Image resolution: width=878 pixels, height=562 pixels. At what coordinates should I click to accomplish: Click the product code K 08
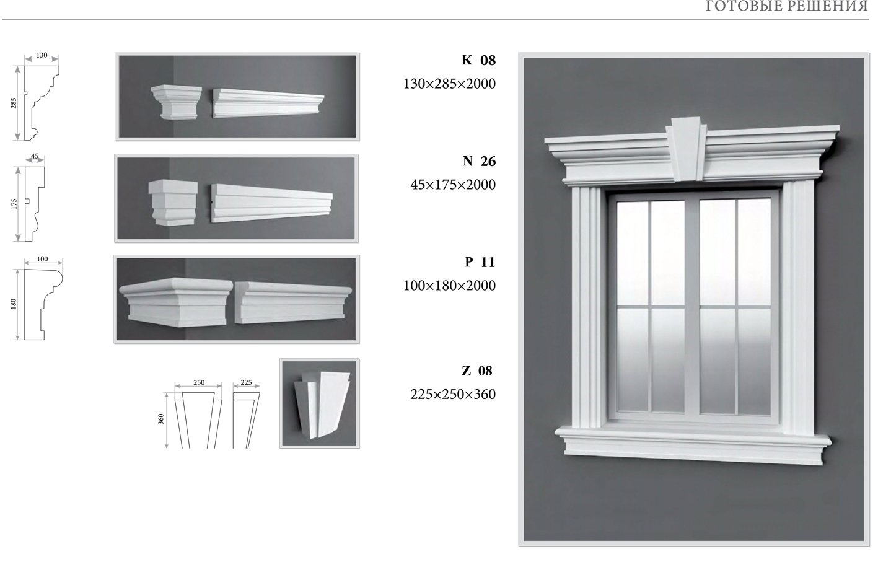[478, 60]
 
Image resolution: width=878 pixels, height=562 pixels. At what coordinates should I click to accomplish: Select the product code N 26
[479, 161]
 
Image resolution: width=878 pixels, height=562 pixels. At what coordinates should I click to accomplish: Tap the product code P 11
[480, 262]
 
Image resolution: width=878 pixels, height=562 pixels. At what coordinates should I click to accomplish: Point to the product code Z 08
[476, 371]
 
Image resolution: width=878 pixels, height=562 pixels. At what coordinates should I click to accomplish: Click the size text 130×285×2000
[450, 84]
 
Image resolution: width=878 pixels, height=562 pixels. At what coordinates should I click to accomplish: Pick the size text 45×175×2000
[453, 185]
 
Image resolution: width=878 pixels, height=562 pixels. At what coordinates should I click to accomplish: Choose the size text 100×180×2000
[450, 286]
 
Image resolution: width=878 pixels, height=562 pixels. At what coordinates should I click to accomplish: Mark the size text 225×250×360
[453, 394]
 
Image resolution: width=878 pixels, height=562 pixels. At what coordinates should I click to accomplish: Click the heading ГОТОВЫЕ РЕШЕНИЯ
[787, 7]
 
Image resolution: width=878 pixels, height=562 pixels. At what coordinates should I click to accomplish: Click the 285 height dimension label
[14, 103]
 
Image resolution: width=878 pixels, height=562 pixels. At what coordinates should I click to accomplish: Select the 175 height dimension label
[14, 204]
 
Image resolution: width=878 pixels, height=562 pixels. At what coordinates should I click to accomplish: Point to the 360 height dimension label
[160, 419]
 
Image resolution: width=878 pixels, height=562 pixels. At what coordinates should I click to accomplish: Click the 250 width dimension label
[199, 382]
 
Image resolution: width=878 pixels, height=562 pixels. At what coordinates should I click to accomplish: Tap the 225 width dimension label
[246, 382]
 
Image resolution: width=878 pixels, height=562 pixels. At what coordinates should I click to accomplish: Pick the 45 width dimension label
[35, 156]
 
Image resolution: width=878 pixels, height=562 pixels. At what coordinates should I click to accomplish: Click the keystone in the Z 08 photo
[322, 405]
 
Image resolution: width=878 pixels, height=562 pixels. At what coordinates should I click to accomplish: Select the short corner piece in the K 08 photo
[176, 102]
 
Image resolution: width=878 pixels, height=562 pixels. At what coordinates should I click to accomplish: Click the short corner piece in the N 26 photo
[173, 203]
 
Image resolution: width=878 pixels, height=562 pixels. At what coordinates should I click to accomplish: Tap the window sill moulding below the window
[693, 445]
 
